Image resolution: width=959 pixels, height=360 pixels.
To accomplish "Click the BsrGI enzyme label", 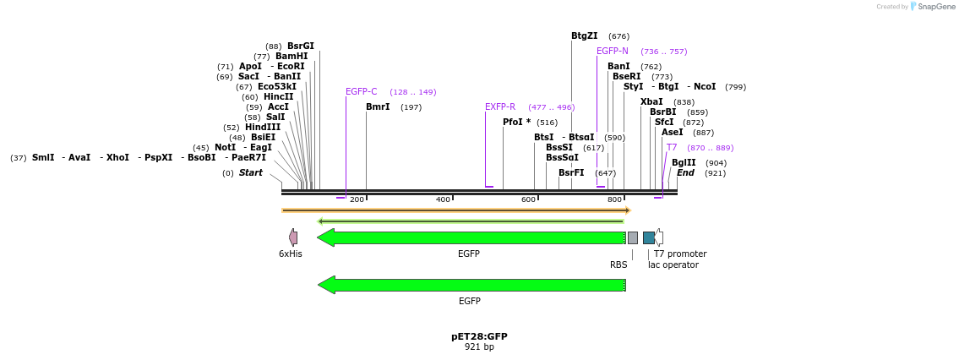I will (300, 46).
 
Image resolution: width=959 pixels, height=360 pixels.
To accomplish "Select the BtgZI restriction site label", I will (584, 36).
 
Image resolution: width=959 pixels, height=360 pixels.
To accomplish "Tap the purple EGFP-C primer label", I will (361, 92).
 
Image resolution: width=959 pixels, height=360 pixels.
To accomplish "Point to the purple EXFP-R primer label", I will (499, 107).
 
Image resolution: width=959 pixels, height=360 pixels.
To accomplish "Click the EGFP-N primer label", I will (612, 52).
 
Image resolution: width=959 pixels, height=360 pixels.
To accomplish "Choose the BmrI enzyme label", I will (377, 107).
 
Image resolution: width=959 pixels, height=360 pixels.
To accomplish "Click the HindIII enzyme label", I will (262, 128).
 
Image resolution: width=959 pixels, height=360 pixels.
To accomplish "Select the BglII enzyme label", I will (684, 163).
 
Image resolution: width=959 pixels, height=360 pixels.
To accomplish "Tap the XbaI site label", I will (651, 102).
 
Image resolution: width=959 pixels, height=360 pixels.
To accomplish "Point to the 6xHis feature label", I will (290, 254).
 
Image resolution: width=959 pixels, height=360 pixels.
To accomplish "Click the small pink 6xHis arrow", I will (292, 237).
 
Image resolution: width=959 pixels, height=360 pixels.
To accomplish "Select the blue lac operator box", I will (648, 237).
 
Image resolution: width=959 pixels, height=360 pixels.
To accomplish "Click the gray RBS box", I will (632, 237).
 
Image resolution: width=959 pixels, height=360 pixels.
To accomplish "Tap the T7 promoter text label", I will (679, 254).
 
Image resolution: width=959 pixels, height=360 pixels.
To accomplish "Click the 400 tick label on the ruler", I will (443, 199).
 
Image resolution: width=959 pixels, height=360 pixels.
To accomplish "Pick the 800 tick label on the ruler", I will (614, 199).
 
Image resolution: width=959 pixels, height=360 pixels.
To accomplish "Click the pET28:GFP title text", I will (479, 336).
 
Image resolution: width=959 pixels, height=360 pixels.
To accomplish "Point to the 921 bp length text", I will (479, 347).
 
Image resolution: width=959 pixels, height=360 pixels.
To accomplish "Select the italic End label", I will (685, 173).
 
